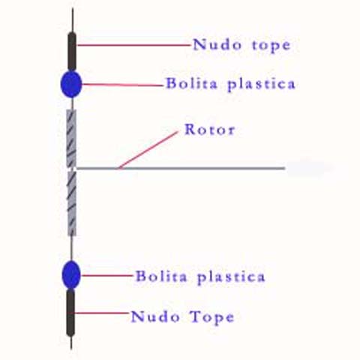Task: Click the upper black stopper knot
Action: pyautogui.click(x=72, y=52)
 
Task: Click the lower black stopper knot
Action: pyautogui.click(x=70, y=313)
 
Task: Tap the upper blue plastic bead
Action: pyautogui.click(x=71, y=84)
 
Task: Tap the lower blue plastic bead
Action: pyautogui.click(x=71, y=274)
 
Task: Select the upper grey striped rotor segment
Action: pyautogui.click(x=71, y=138)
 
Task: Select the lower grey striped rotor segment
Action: pyautogui.click(x=72, y=203)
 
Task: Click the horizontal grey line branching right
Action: pyautogui.click(x=181, y=168)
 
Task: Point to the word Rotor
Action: pyautogui.click(x=210, y=130)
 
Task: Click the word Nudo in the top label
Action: pyautogui.click(x=217, y=45)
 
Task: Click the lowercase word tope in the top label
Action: pyautogui.click(x=271, y=46)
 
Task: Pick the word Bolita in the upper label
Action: pyautogui.click(x=192, y=83)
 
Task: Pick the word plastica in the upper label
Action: pyautogui.click(x=262, y=85)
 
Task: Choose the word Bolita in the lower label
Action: pyautogui.click(x=161, y=276)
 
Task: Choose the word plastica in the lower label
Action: pyautogui.click(x=231, y=277)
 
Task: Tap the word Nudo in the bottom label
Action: pyautogui.click(x=155, y=316)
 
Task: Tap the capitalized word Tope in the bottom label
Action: pyautogui.click(x=211, y=317)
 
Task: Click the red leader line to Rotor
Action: pyautogui.click(x=148, y=150)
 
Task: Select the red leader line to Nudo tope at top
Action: pyautogui.click(x=133, y=45)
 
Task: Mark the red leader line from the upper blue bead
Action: pyautogui.click(x=122, y=85)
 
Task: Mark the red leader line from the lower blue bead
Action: pyautogui.click(x=106, y=275)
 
